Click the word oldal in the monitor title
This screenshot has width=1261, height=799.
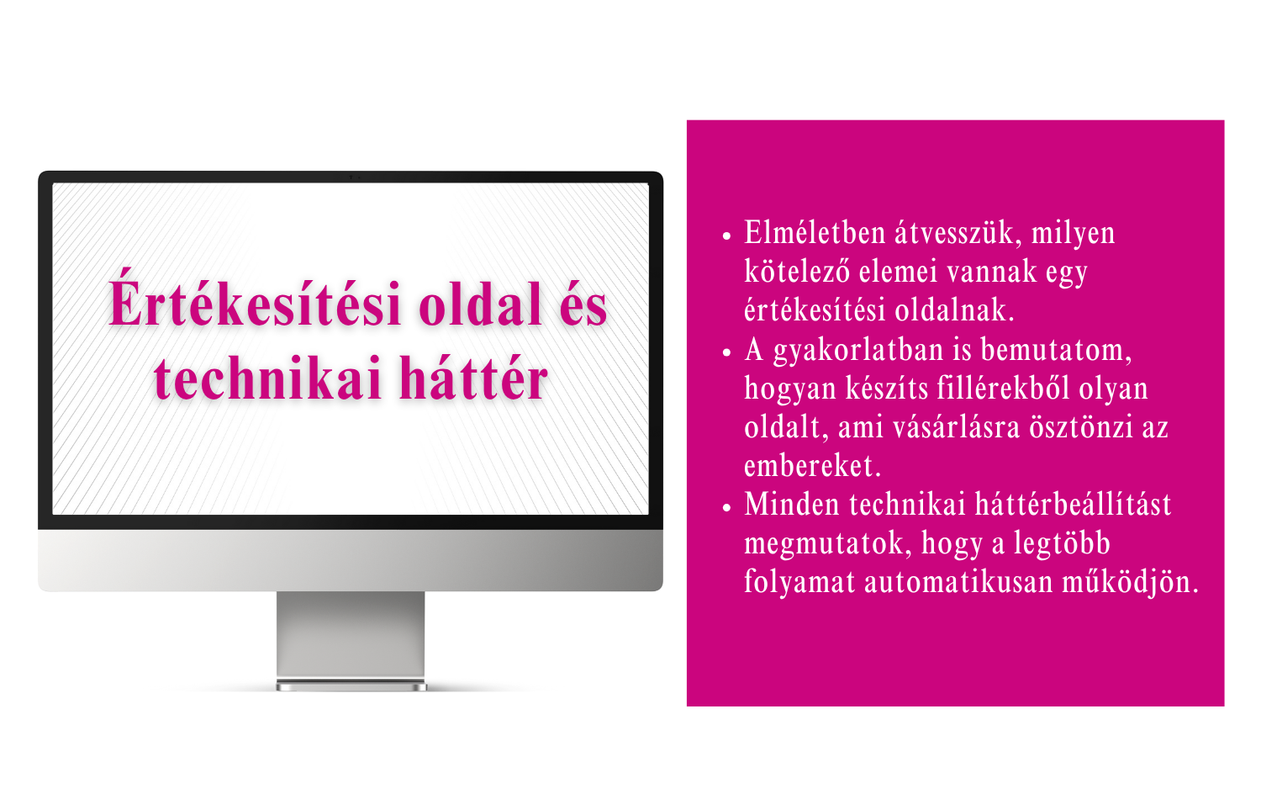click(480, 304)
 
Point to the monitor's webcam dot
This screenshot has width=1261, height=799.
click(351, 177)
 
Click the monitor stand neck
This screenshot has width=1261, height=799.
click(351, 635)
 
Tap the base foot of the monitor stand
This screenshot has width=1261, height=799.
click(351, 685)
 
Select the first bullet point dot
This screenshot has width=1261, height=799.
click(726, 236)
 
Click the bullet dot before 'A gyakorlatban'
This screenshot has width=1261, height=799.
click(726, 352)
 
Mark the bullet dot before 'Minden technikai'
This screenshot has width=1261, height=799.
click(726, 507)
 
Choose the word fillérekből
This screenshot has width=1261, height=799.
click(1003, 388)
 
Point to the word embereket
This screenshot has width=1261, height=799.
click(812, 465)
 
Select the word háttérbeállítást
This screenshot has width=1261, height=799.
click(1073, 504)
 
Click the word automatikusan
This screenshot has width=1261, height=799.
click(958, 581)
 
